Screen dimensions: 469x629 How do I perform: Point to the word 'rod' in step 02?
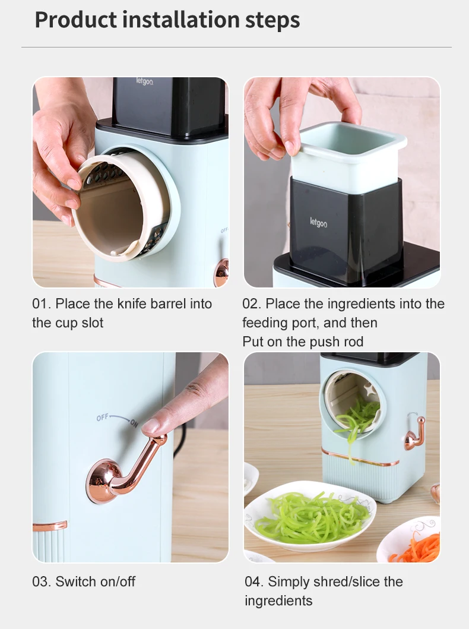tap(353, 342)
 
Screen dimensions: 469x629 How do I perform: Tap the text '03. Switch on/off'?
tap(84, 581)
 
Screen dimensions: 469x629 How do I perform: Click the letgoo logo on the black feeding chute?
tap(318, 222)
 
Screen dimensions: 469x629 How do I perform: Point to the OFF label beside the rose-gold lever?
tap(102, 418)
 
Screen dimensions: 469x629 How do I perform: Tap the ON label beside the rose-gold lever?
tap(134, 422)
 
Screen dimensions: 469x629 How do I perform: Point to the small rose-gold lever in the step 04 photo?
tap(416, 434)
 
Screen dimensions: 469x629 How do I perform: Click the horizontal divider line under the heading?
tap(236, 48)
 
